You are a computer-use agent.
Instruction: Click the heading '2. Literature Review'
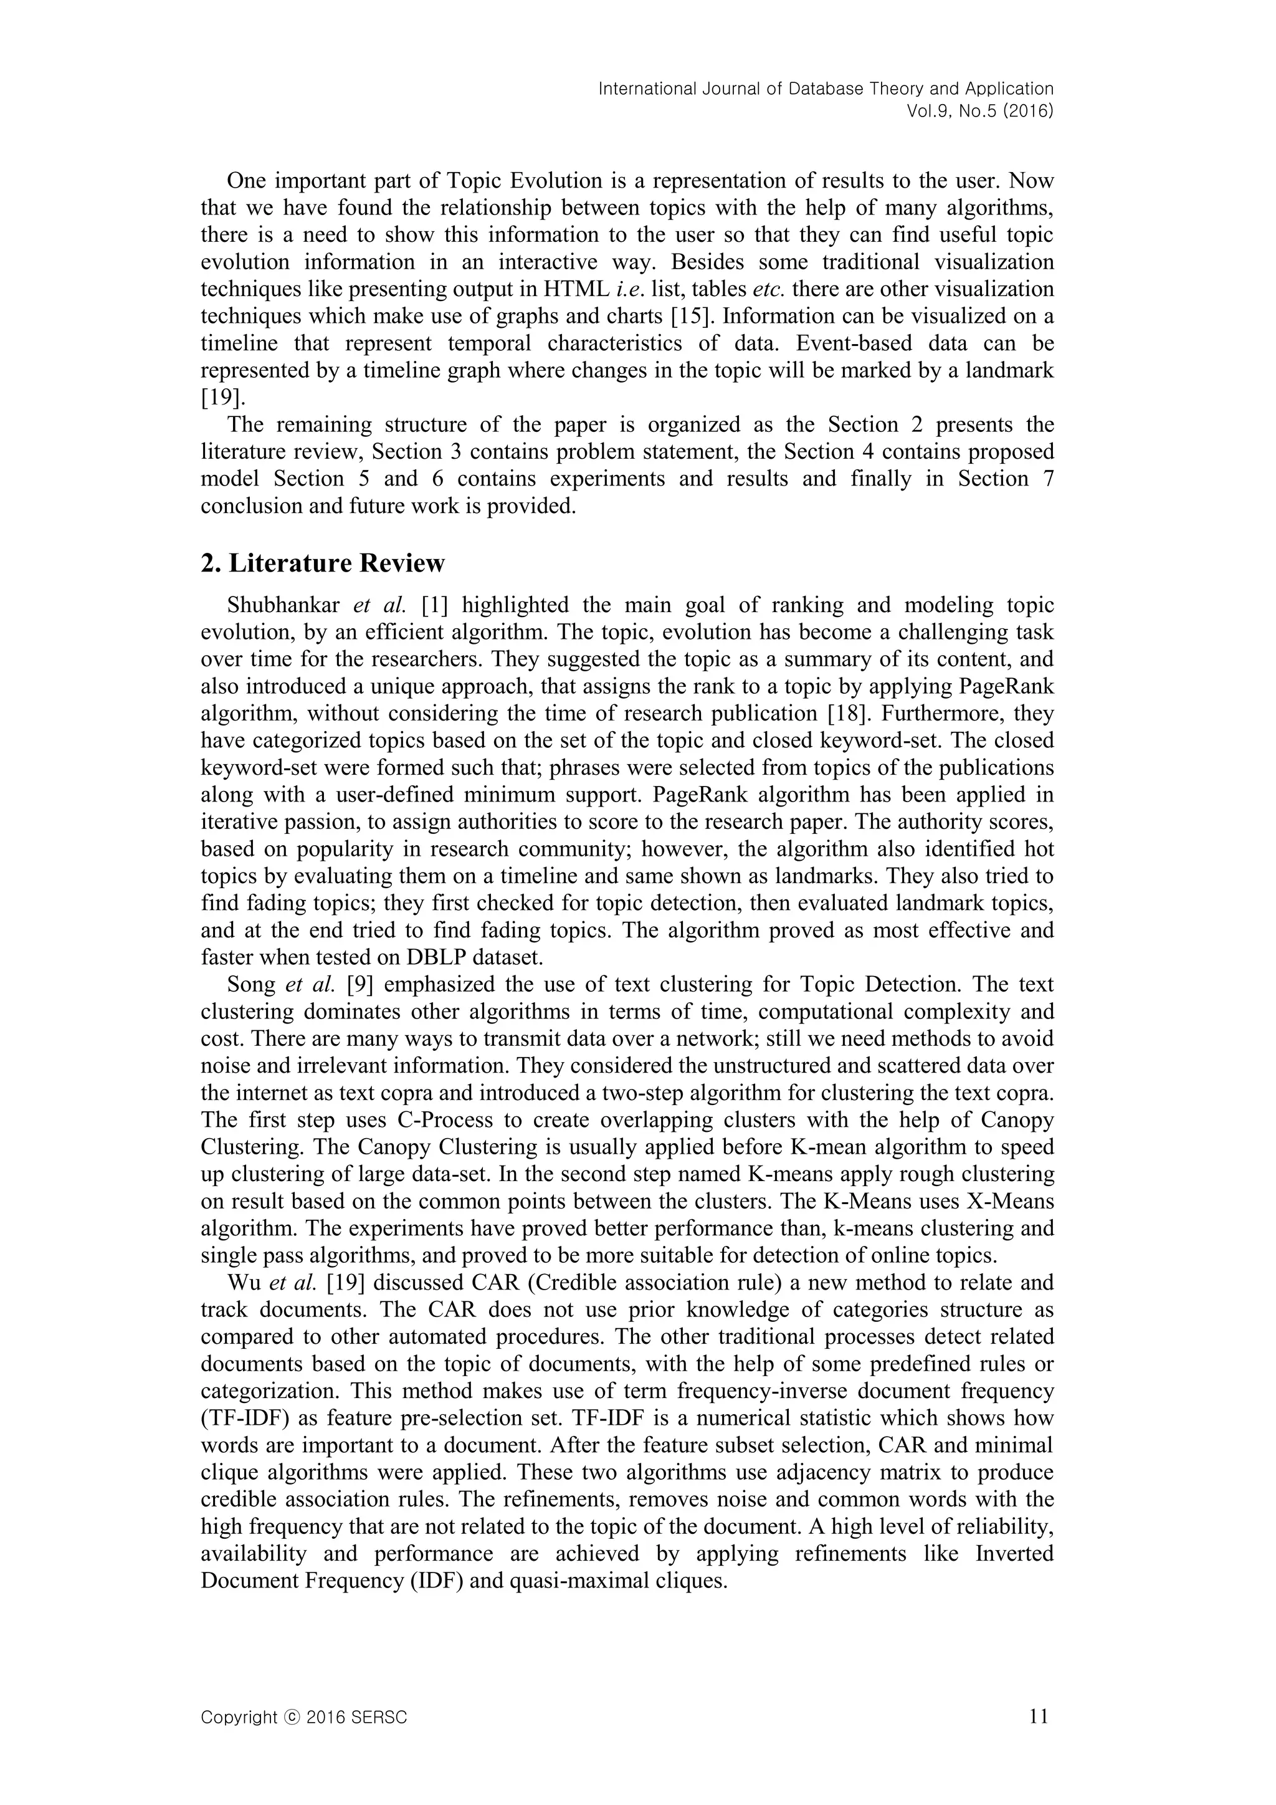click(x=323, y=563)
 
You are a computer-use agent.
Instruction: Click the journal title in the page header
click(x=825, y=89)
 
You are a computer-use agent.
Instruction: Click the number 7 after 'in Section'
click(x=1048, y=479)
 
